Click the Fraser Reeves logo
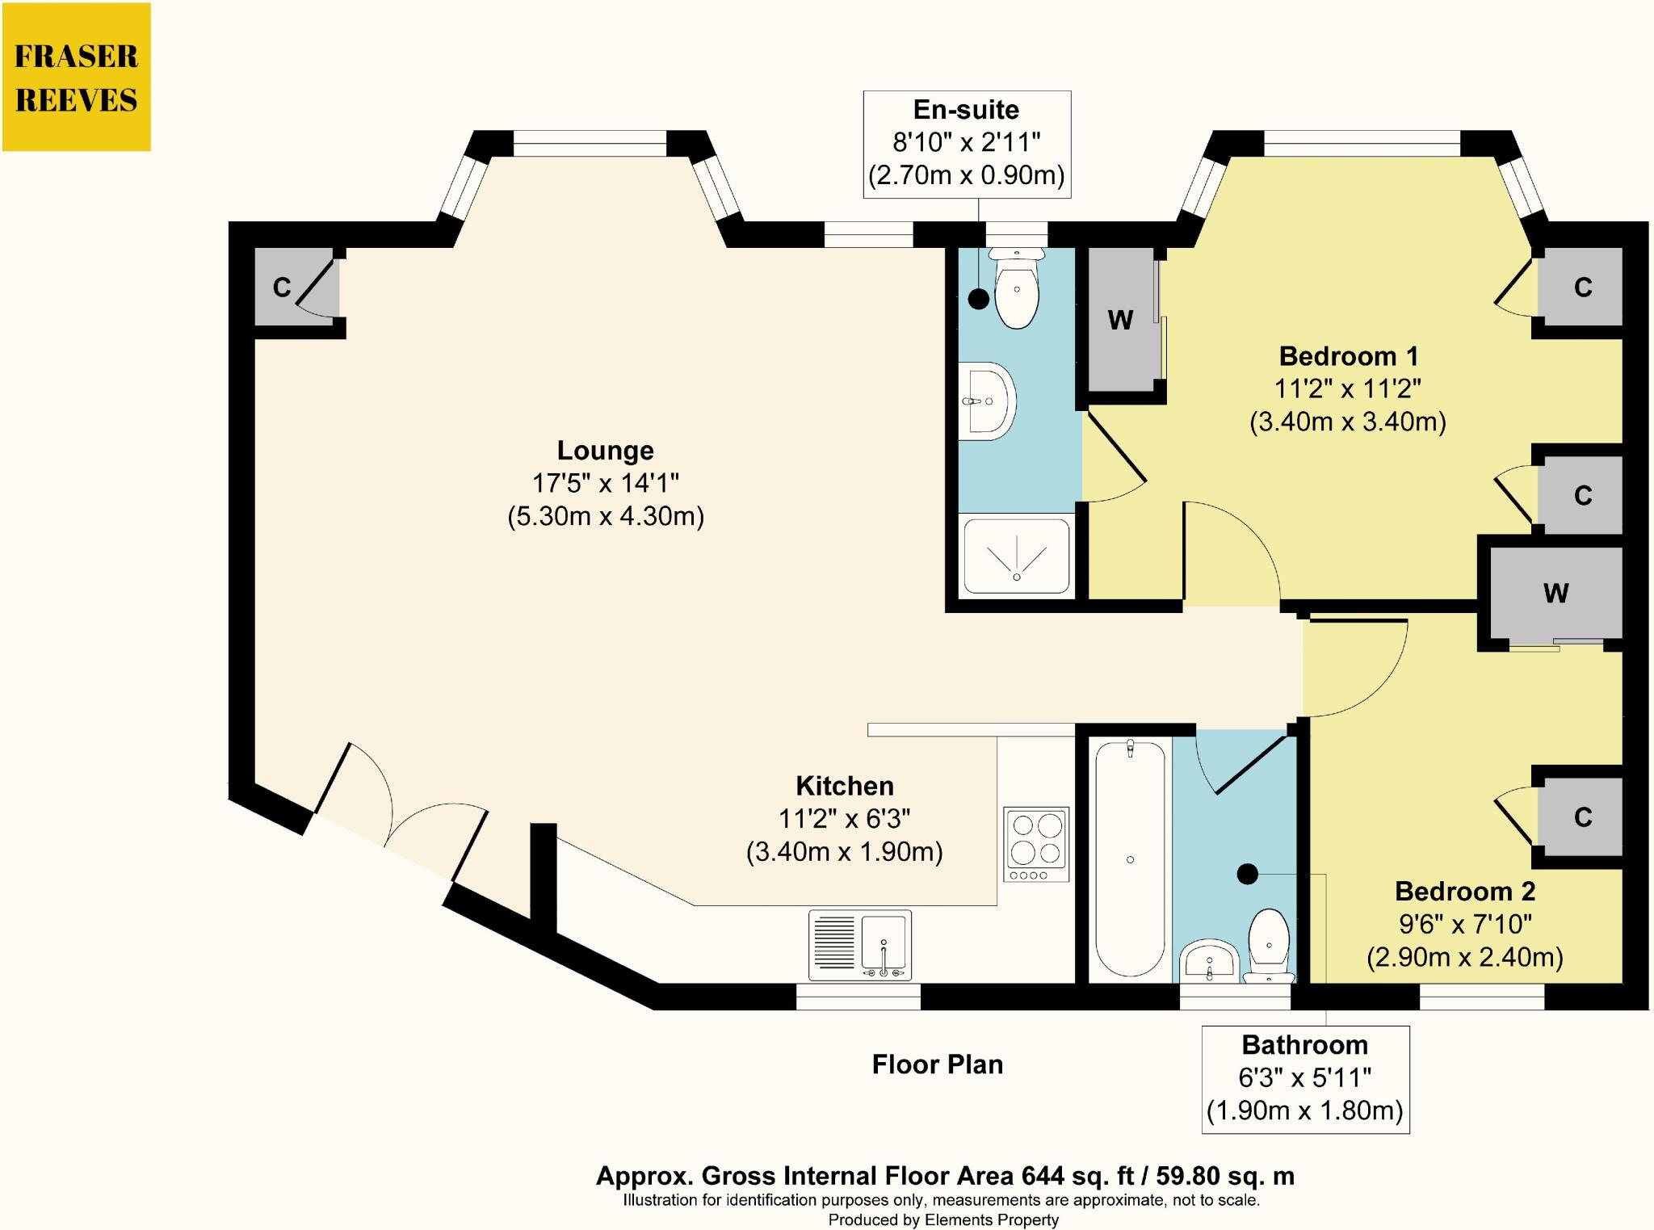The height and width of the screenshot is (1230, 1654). [77, 77]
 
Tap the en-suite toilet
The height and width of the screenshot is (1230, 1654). [1017, 288]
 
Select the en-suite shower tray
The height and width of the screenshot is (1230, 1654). [1017, 556]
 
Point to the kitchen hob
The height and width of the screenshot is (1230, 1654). [1036, 844]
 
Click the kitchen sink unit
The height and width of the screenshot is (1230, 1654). [860, 943]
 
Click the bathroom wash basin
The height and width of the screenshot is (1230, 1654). [1209, 961]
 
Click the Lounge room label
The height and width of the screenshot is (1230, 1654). [606, 451]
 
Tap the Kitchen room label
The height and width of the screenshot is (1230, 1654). [845, 786]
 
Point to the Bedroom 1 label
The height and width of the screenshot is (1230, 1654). [1349, 356]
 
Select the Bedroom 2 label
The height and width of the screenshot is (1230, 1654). [1465, 892]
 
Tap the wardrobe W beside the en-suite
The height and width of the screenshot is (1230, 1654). [1121, 320]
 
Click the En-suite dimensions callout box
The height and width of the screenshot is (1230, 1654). [967, 144]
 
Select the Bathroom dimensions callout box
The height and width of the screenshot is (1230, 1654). [1305, 1079]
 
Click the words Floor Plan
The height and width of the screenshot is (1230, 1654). [938, 1064]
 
